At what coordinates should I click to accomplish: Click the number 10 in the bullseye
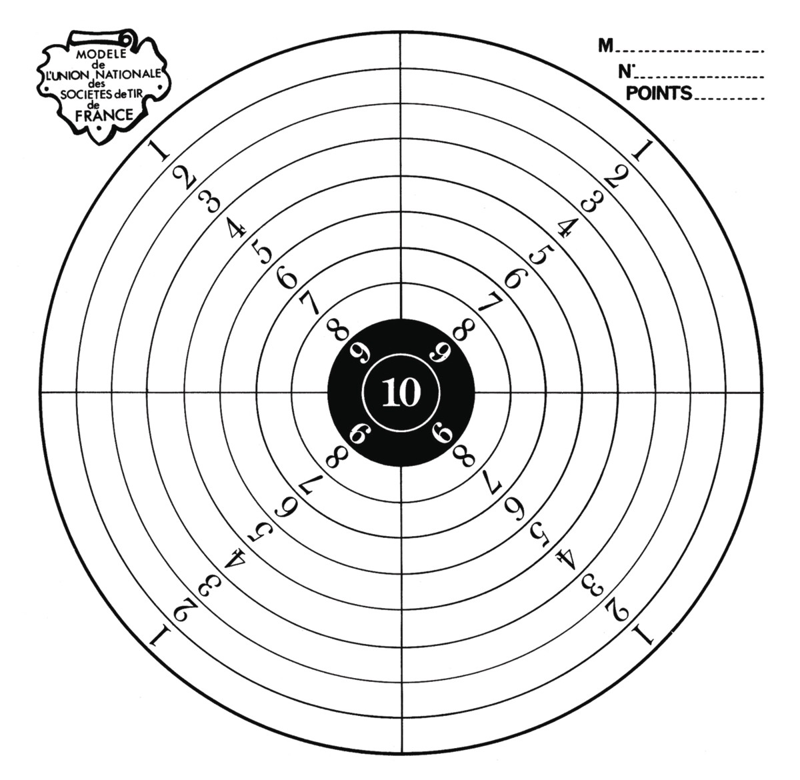click(401, 392)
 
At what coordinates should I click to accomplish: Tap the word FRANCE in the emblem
click(105, 115)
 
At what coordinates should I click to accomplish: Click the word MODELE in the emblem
click(101, 54)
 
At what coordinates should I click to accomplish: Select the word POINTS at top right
click(659, 93)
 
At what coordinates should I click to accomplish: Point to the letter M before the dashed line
click(605, 45)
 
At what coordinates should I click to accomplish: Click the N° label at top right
click(626, 72)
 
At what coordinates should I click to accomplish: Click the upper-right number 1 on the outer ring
click(642, 151)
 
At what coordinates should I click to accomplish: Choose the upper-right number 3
click(592, 201)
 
